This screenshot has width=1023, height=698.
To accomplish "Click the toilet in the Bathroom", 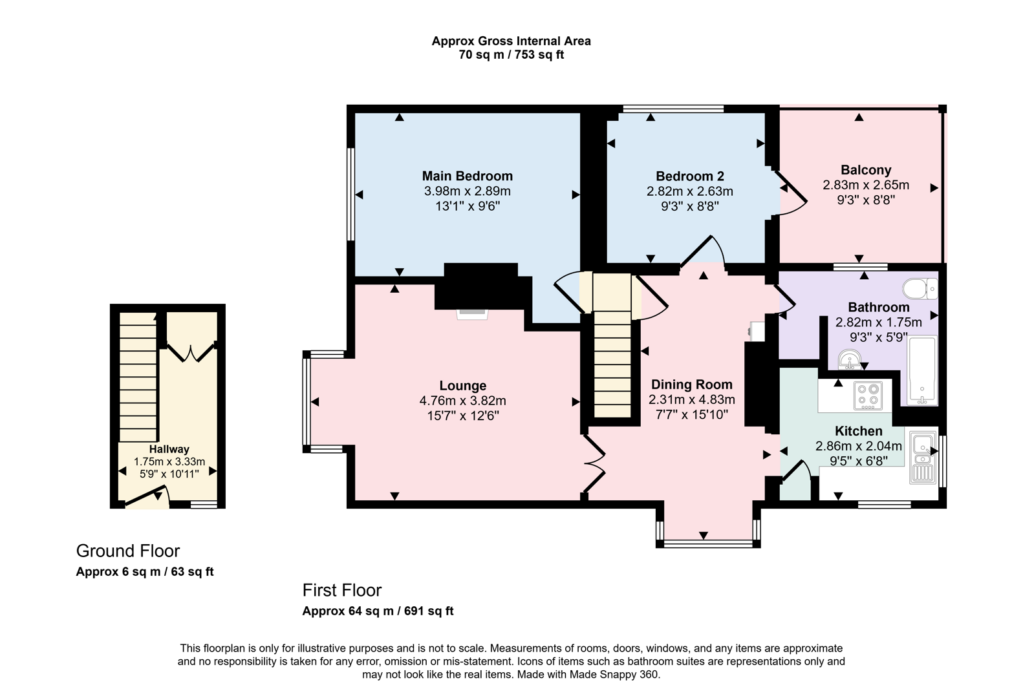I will click(x=921, y=288).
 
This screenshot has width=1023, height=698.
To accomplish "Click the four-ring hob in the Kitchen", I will click(x=868, y=396).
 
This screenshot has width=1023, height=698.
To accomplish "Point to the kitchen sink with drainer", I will click(x=923, y=458).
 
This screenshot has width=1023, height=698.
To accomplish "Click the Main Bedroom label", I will click(x=467, y=176).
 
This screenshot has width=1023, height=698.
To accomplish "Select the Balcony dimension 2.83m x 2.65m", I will click(x=865, y=185).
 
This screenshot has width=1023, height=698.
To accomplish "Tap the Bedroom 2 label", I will click(x=689, y=176).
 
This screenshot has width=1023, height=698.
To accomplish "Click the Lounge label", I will click(x=462, y=386).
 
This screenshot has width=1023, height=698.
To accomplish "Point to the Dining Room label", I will click(x=691, y=385).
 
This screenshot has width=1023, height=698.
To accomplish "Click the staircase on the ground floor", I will click(x=138, y=378).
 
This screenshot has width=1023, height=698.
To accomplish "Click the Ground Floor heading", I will click(x=128, y=551).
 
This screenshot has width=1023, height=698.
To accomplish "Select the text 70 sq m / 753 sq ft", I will click(x=511, y=55).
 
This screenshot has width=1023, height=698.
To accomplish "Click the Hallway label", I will click(x=169, y=449).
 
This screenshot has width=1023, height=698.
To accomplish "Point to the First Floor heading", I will click(x=342, y=590).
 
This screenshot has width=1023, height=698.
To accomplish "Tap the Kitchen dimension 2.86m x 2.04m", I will click(x=858, y=446).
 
